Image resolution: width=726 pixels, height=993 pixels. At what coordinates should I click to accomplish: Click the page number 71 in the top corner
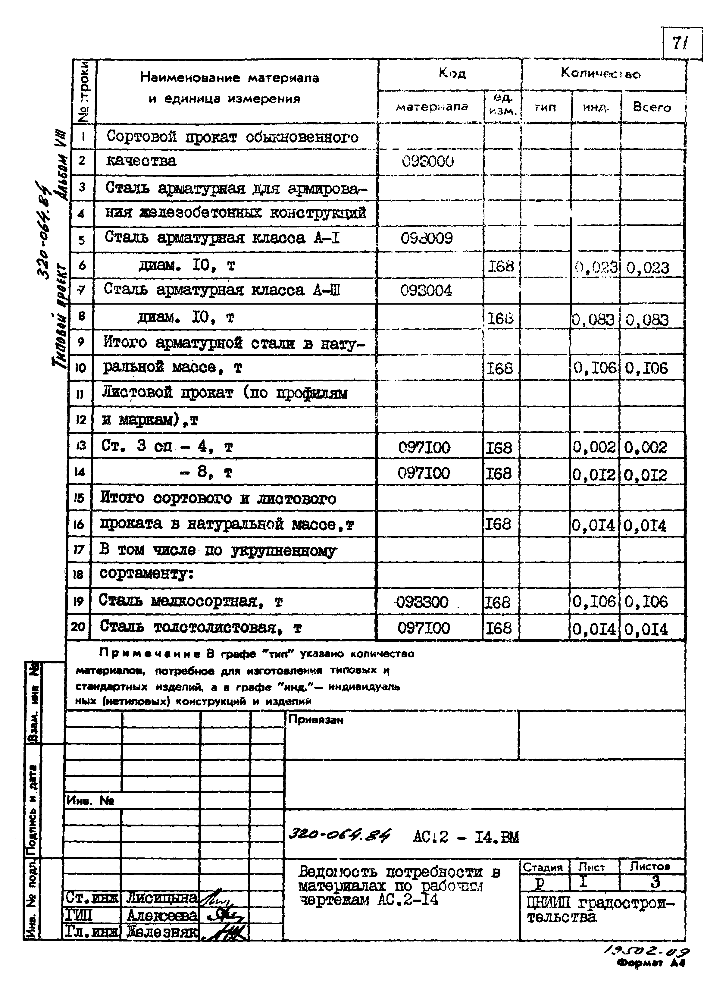tap(680, 43)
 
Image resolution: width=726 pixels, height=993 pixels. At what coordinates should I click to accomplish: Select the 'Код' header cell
tap(451, 74)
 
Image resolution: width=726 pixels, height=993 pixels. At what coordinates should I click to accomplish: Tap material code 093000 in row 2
tap(427, 162)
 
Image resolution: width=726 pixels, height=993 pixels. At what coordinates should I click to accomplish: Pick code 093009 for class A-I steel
tap(426, 239)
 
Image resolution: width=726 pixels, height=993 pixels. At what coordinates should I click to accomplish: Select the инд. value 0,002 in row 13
tap(594, 448)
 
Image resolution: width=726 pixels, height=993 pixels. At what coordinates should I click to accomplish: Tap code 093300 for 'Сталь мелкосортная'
tap(422, 602)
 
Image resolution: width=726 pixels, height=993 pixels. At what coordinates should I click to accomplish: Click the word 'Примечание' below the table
tap(150, 654)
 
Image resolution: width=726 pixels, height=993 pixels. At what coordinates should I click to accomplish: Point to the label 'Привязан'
tap(315, 720)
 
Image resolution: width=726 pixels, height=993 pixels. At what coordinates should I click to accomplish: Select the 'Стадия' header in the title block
tap(543, 867)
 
